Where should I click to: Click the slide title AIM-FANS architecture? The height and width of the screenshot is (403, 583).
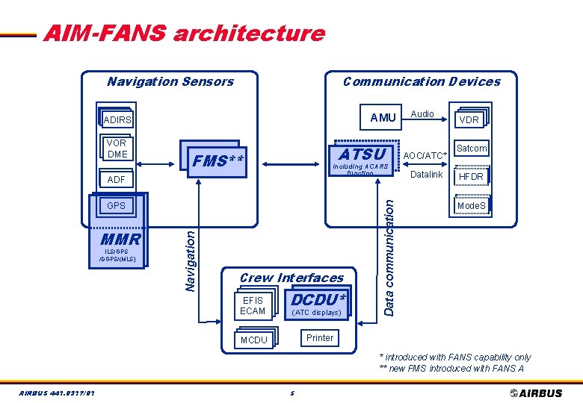(184, 34)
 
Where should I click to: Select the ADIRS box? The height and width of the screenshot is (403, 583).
(117, 119)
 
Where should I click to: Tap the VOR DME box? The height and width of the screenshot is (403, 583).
(117, 149)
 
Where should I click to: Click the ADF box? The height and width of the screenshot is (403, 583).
(117, 180)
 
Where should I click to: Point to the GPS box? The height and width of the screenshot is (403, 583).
(117, 205)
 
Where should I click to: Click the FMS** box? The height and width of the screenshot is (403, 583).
(212, 160)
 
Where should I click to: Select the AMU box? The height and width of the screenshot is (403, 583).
(383, 118)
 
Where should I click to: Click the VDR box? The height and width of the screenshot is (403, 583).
(469, 119)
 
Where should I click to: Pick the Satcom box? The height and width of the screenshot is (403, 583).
(471, 149)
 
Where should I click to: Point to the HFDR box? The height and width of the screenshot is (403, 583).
(471, 177)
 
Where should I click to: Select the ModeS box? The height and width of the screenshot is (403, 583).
(471, 205)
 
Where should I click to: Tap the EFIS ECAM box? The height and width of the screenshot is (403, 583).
(253, 306)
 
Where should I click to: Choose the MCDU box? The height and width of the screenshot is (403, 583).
(254, 340)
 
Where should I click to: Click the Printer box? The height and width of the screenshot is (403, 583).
(320, 338)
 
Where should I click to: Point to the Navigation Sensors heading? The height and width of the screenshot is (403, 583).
(170, 81)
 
